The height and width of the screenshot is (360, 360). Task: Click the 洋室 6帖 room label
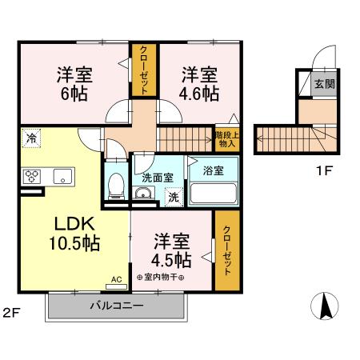pyautogui.click(x=74, y=84)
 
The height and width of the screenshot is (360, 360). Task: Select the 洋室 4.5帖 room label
pyautogui.click(x=171, y=250)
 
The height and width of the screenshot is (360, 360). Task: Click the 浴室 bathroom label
pyautogui.click(x=213, y=171)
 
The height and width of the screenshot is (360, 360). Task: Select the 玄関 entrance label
pyautogui.click(x=324, y=84)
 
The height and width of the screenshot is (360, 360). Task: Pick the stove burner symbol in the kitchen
pyautogui.click(x=34, y=175)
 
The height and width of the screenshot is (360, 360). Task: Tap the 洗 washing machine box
pyautogui.click(x=172, y=197)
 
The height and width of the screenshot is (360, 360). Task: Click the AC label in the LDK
pyautogui.click(x=116, y=280)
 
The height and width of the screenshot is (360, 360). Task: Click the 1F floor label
pyautogui.click(x=323, y=170)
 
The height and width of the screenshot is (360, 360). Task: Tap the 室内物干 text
pyautogui.click(x=164, y=278)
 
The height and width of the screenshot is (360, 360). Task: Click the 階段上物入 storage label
pyautogui.click(x=226, y=139)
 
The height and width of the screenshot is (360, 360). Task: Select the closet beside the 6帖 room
pyautogui.click(x=145, y=70)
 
